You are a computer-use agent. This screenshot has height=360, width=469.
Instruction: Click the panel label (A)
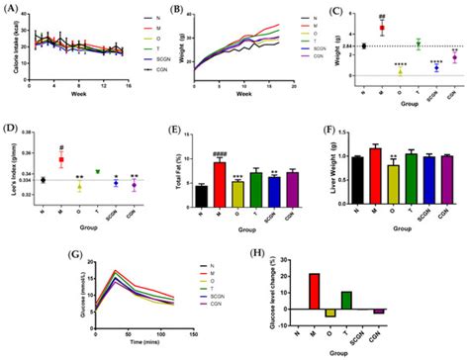(x=12, y=9)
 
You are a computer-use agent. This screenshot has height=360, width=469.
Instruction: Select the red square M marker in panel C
(x=381, y=29)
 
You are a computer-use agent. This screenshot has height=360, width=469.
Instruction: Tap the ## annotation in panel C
(x=381, y=12)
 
